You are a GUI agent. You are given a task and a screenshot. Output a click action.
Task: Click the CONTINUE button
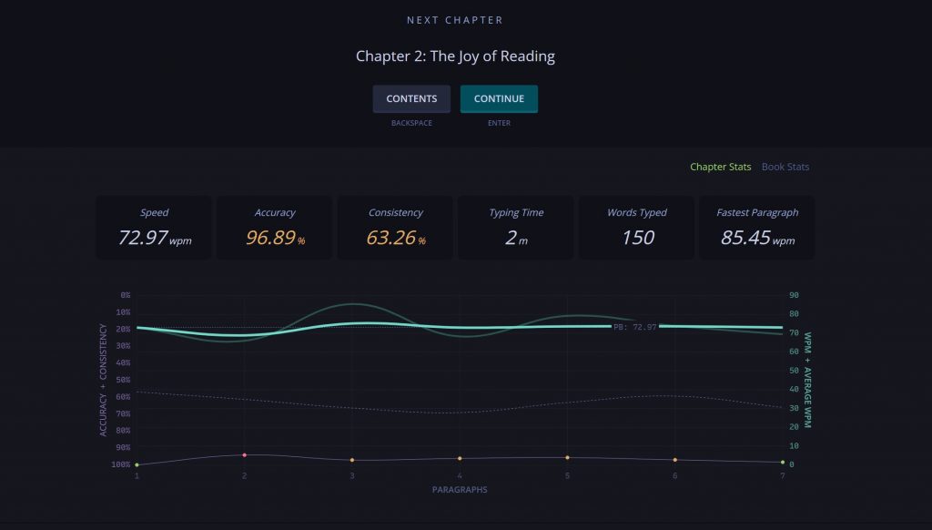499,98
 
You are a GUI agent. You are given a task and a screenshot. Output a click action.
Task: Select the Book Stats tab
785,167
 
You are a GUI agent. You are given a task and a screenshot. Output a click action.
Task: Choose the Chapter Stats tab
721,167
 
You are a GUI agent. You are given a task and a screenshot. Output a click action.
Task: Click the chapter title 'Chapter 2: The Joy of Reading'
455,56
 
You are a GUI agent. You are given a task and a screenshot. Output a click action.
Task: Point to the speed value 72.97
143,238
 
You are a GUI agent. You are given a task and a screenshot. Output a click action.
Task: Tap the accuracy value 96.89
270,238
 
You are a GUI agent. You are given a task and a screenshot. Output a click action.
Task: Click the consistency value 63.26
390,238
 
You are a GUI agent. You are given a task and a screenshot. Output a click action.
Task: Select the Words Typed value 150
638,238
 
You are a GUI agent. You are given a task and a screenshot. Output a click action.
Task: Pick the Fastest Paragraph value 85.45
745,238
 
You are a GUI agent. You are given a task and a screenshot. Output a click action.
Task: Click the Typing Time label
516,212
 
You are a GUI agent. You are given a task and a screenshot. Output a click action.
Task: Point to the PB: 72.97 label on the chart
634,327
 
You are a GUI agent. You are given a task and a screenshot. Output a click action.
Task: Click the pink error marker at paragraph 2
244,455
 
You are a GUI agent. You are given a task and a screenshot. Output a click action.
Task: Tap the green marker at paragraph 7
783,463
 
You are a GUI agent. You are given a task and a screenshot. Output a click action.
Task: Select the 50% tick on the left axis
123,380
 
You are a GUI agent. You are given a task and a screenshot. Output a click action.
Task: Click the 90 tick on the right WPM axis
794,295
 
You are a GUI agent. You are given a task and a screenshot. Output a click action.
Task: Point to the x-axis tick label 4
460,476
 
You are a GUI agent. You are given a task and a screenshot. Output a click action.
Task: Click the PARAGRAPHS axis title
460,490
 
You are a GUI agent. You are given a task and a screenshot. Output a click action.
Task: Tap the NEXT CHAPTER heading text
455,20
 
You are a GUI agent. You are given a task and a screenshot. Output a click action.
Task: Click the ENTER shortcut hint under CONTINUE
499,123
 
